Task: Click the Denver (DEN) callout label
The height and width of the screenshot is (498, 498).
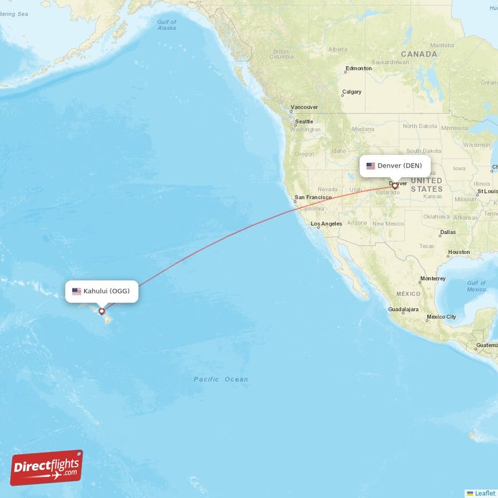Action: [x=395, y=166]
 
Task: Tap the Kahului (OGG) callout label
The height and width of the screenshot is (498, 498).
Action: [x=102, y=291]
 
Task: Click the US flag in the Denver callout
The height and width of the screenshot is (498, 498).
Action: [x=370, y=166]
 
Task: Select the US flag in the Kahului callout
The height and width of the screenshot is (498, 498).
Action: [x=77, y=291]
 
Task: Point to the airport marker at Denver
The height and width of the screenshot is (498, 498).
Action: [x=395, y=186]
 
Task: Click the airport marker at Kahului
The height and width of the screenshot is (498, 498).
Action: [x=101, y=311]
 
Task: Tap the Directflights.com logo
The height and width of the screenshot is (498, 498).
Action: [x=47, y=467]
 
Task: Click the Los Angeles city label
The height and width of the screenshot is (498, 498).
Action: [x=326, y=223]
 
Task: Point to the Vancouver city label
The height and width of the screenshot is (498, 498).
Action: [x=304, y=107]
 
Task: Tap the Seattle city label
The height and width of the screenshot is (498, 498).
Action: [x=304, y=121]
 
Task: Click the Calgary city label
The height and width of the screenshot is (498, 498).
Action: [x=352, y=92]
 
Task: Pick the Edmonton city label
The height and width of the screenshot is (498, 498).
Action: [x=359, y=68]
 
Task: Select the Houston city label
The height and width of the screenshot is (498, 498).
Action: [x=458, y=252]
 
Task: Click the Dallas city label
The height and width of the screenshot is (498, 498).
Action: [x=447, y=232]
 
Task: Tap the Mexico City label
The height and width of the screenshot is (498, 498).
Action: [x=441, y=317]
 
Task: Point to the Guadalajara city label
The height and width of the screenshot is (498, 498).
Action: [x=403, y=309]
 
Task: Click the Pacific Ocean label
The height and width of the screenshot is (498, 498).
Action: [x=220, y=379]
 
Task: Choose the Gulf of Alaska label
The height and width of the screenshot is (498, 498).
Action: [x=167, y=25]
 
